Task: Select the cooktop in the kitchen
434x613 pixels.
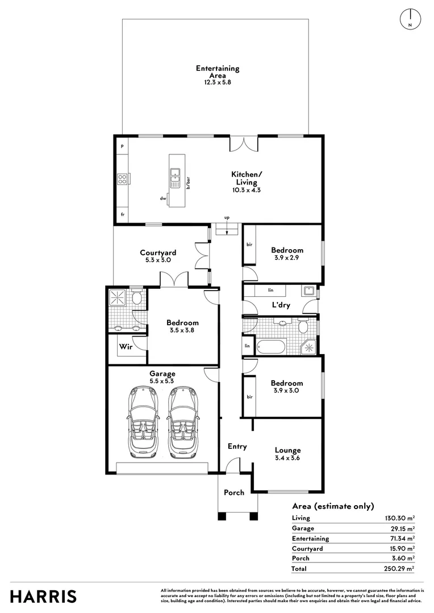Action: [123, 179]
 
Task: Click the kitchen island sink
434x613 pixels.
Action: [174, 177]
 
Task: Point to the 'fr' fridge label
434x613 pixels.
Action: [123, 215]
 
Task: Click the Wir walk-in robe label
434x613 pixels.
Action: [126, 346]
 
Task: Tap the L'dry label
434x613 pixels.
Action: [281, 305]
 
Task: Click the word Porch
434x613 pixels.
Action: [234, 493]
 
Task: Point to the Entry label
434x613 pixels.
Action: [237, 447]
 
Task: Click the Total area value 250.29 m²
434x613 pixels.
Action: [399, 568]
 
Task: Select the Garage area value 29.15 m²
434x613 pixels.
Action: [400, 528]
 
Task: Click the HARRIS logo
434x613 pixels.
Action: [43, 597]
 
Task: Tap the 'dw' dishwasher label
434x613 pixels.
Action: [163, 198]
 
